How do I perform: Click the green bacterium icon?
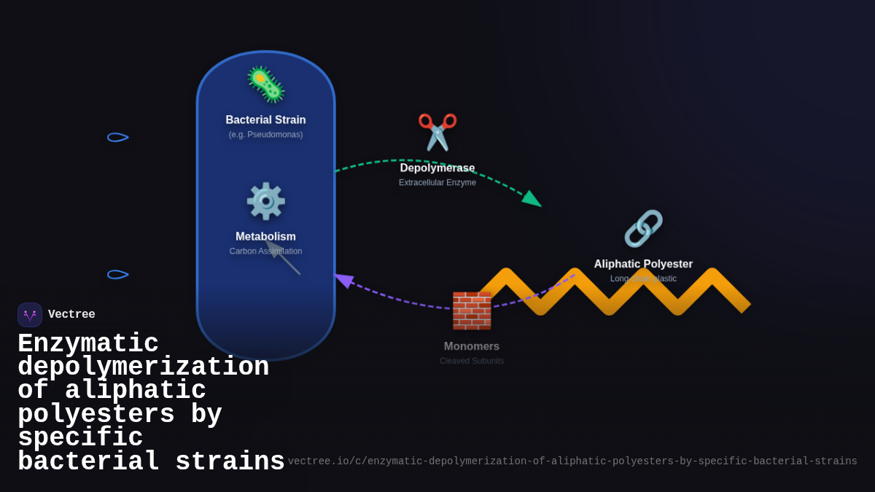pyautogui.click(x=265, y=85)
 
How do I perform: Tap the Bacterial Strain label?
pyautogui.click(x=265, y=120)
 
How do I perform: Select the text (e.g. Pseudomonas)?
pyautogui.click(x=265, y=135)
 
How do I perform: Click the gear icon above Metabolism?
pyautogui.click(x=265, y=201)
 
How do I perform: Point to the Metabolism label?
pyautogui.click(x=265, y=237)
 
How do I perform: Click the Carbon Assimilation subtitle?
pyautogui.click(x=265, y=251)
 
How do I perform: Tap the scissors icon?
pyautogui.click(x=437, y=132)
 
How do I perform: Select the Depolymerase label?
pyautogui.click(x=437, y=168)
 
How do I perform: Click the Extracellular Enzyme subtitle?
pyautogui.click(x=437, y=183)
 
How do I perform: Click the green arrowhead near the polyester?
pyautogui.click(x=532, y=199)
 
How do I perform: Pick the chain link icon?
pyautogui.click(x=643, y=229)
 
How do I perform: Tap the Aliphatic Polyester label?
pyautogui.click(x=643, y=265)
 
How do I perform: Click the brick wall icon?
pyautogui.click(x=472, y=311)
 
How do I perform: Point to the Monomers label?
pyautogui.click(x=472, y=347)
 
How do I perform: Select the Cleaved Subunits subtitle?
pyautogui.click(x=472, y=362)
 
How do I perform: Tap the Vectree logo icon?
pyautogui.click(x=30, y=315)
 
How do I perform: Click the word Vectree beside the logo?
pyautogui.click(x=71, y=315)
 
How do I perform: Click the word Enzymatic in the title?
pyautogui.click(x=88, y=344)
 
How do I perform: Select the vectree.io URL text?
pyautogui.click(x=572, y=461)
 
